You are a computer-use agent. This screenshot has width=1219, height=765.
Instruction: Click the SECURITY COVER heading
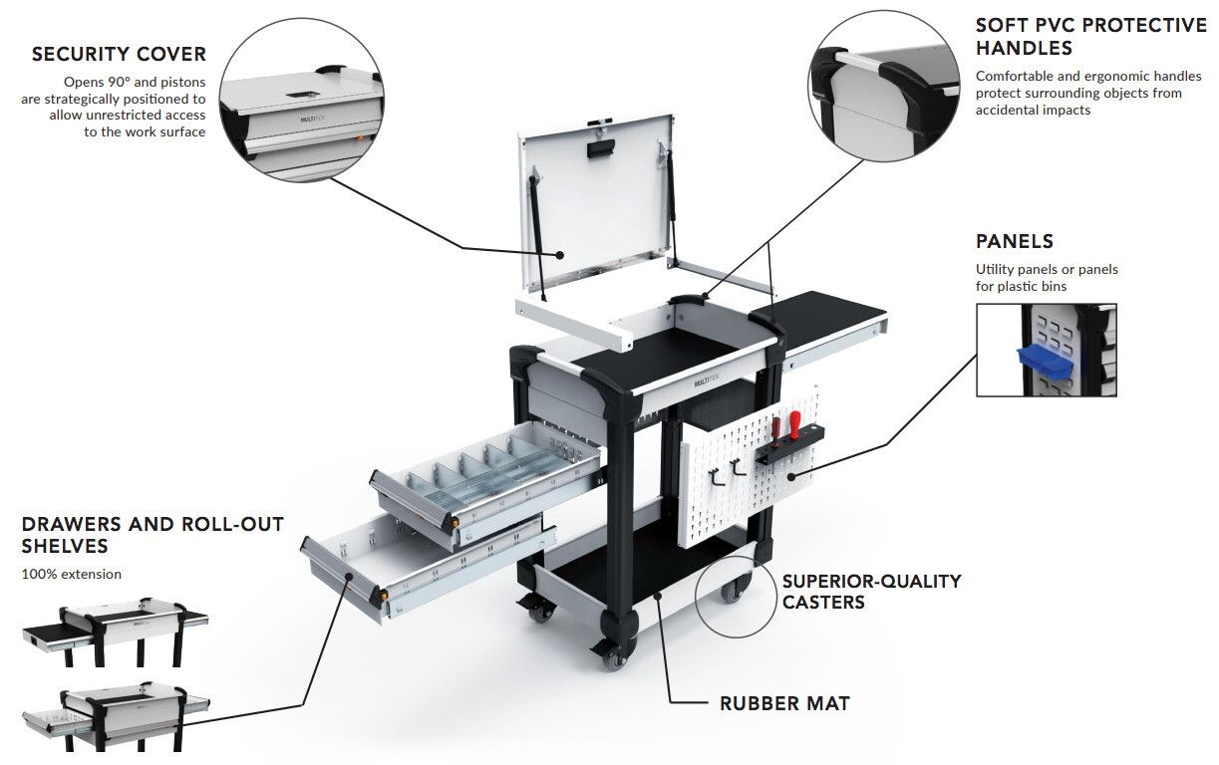(119, 55)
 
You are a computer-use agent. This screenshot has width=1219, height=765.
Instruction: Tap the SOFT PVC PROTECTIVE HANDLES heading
(1090, 37)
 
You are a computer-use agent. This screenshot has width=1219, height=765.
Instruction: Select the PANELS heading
(1015, 241)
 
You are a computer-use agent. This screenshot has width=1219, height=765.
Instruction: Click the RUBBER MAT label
(784, 703)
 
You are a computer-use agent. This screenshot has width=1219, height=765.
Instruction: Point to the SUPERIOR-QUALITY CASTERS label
(871, 592)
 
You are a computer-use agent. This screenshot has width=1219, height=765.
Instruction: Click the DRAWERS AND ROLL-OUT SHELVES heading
(152, 535)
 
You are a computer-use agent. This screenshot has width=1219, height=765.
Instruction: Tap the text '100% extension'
(72, 574)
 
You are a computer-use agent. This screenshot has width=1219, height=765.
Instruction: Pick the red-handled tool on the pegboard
(795, 424)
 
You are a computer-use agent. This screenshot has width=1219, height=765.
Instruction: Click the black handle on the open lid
(601, 148)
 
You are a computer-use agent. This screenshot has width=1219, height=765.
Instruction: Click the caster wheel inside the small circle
(733, 591)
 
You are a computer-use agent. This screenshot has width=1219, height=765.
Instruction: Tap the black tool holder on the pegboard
(790, 443)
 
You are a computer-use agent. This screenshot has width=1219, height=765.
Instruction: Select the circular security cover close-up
(302, 100)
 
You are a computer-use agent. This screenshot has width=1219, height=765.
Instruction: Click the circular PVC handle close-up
(884, 86)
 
